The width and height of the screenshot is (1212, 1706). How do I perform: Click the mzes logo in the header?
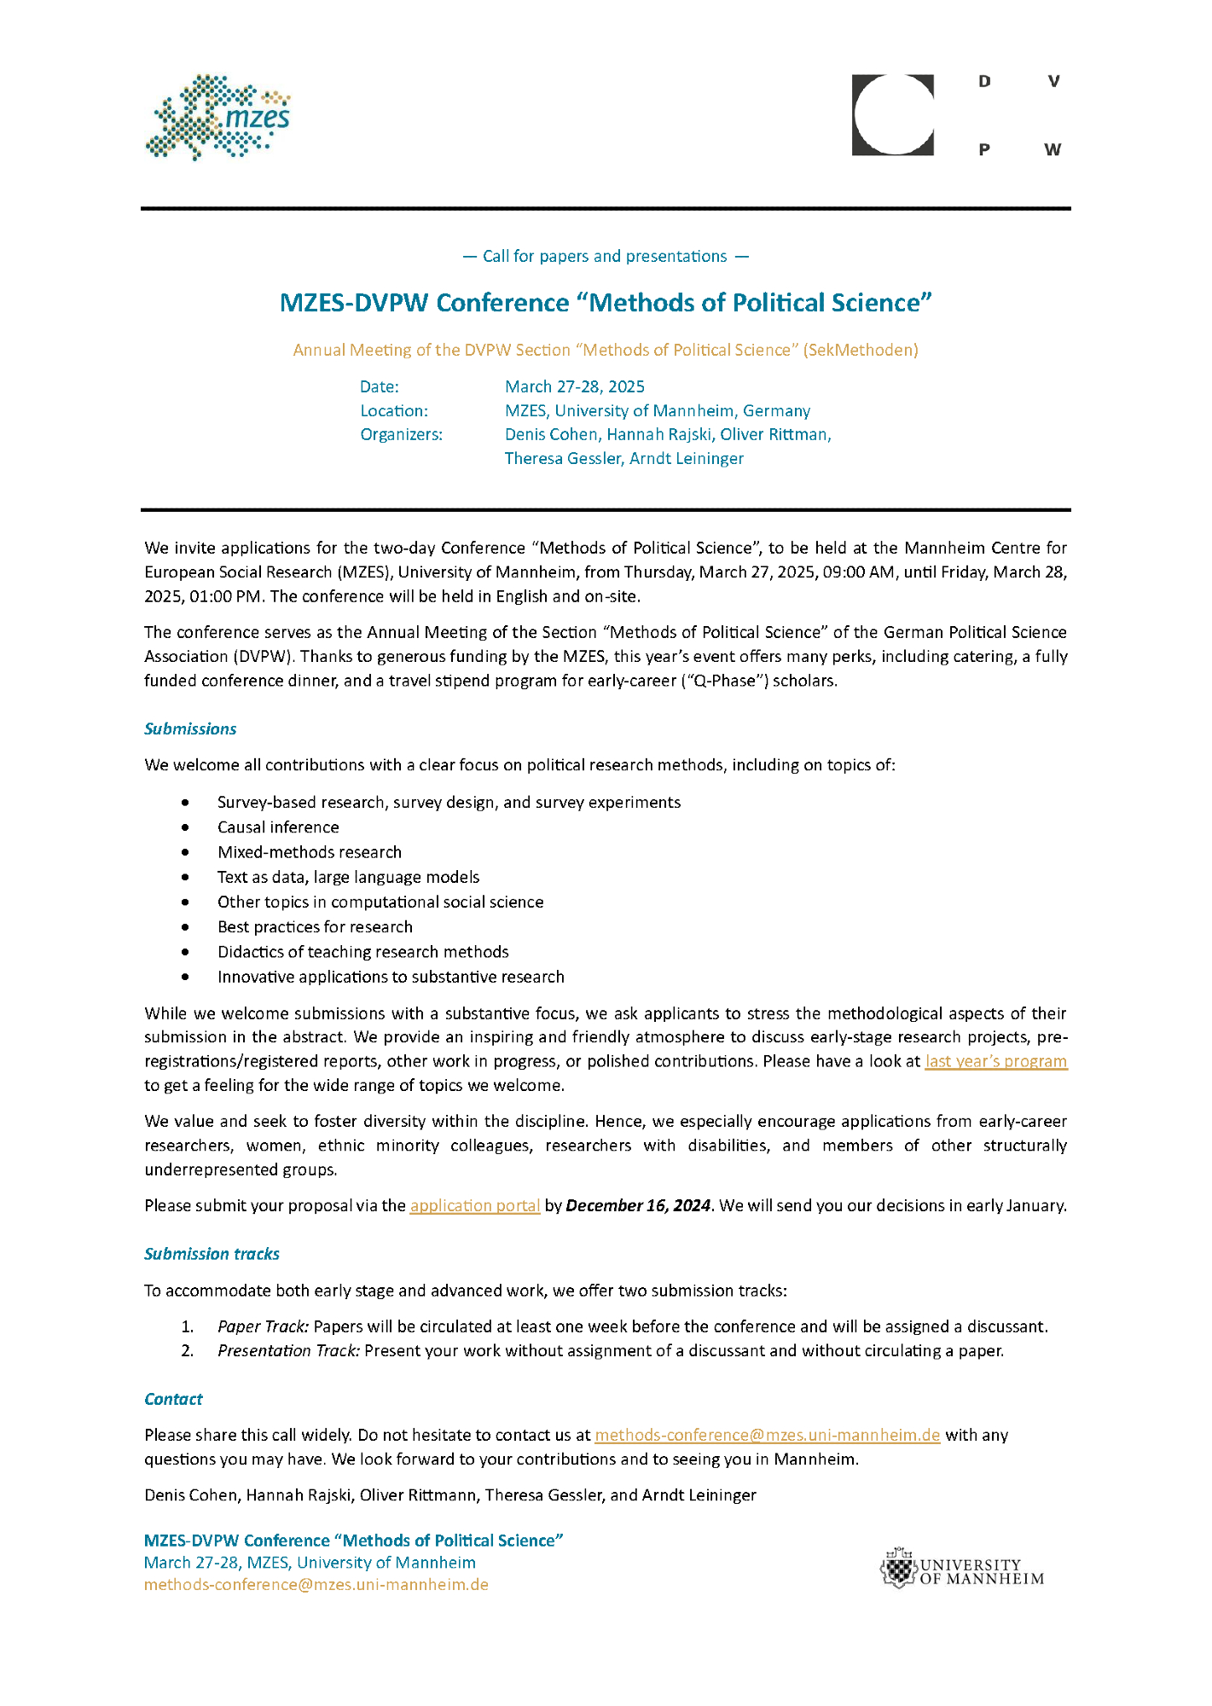coord(218,117)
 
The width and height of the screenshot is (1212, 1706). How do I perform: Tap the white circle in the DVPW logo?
coord(892,114)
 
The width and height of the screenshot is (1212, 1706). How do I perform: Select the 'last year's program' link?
coord(995,1061)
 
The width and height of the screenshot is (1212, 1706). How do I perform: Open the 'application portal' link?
coord(475,1205)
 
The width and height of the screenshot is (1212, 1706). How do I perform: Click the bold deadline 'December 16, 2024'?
coord(638,1205)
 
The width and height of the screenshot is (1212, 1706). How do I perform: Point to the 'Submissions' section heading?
coord(190,728)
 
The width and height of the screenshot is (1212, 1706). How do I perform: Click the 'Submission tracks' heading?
coord(212,1254)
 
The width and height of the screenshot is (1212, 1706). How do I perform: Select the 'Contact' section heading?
coord(173,1399)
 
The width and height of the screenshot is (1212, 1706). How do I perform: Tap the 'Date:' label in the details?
coord(380,386)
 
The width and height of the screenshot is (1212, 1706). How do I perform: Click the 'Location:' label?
coord(394,410)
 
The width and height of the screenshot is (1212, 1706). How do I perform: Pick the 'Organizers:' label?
coord(401,434)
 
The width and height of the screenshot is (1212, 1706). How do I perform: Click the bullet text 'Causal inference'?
coord(278,827)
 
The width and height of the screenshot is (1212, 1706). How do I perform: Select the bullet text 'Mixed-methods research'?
coord(310,852)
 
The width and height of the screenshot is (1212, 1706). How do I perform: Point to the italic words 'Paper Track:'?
coord(263,1326)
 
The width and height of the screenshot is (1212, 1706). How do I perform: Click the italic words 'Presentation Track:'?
coord(289,1350)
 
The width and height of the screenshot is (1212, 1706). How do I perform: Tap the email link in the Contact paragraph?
coord(767,1435)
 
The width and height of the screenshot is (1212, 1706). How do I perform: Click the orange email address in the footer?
coord(316,1584)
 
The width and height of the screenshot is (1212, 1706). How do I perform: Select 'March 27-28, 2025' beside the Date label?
coord(575,386)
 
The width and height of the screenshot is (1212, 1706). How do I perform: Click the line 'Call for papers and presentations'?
coord(605,256)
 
